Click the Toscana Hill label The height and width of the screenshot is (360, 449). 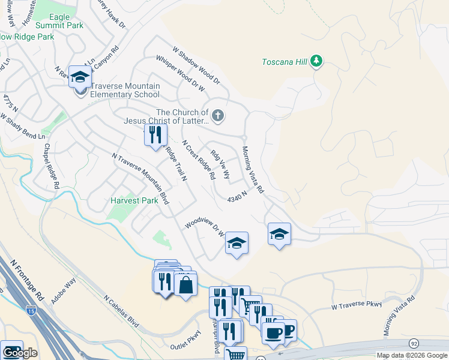pyautogui.click(x=285, y=61)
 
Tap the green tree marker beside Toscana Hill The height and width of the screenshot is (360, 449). pyautogui.click(x=318, y=61)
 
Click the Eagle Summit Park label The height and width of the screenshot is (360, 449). pyautogui.click(x=59, y=21)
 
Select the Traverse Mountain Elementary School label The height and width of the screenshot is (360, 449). pyautogui.click(x=125, y=90)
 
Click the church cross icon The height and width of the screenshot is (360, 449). pyautogui.click(x=218, y=116)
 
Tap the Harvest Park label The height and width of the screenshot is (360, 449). pyautogui.click(x=134, y=200)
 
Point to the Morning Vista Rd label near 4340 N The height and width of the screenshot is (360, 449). pyautogui.click(x=253, y=169)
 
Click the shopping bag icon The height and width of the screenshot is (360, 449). pyautogui.click(x=186, y=285)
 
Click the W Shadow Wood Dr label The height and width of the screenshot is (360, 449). pyautogui.click(x=196, y=65)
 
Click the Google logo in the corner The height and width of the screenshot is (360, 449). pyautogui.click(x=20, y=353)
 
